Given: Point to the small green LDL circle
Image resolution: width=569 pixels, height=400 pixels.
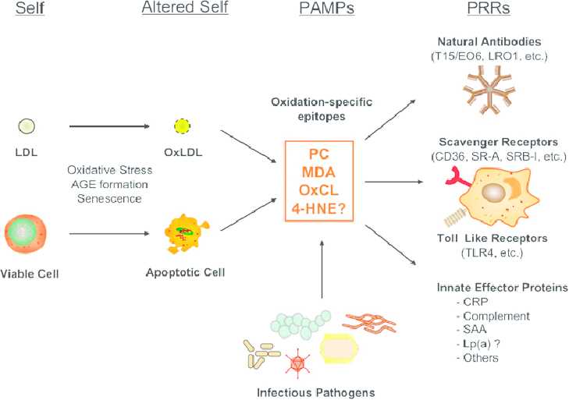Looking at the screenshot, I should click(27, 124).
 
